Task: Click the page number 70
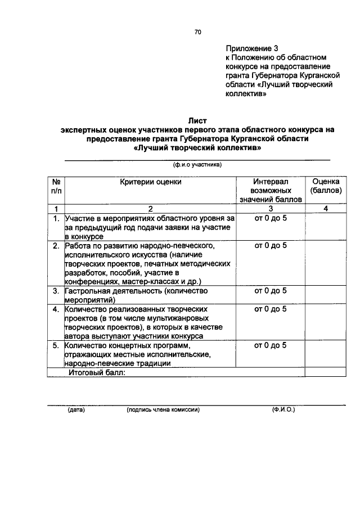197,32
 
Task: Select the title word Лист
197,120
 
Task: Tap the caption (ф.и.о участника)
197,165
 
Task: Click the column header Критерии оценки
151,182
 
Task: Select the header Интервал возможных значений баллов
271,191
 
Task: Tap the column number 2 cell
151,209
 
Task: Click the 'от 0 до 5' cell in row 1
271,218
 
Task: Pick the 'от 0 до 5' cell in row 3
271,291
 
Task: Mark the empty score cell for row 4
325,322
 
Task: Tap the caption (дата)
75,410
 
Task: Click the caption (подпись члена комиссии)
164,410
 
